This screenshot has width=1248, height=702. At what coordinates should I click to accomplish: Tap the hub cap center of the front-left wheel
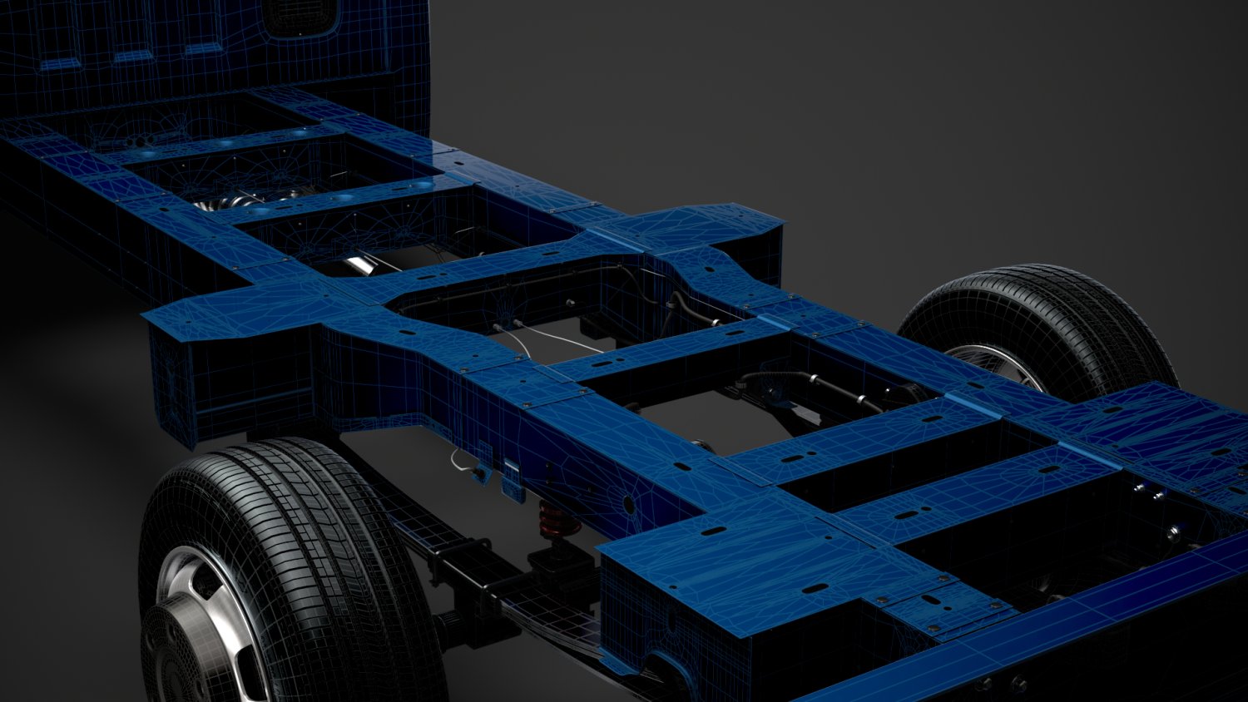171,657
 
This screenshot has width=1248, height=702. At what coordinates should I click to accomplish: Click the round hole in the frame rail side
630,504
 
